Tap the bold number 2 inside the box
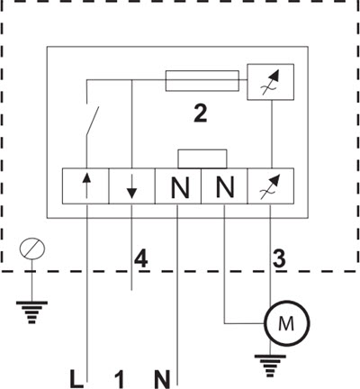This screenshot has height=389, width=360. [x=201, y=114]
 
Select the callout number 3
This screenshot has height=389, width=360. [x=279, y=258]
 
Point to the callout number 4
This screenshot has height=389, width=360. [x=141, y=258]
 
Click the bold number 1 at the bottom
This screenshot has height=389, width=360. [x=120, y=379]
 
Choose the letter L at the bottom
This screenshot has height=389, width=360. [x=76, y=379]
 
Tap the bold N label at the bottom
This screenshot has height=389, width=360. [x=162, y=379]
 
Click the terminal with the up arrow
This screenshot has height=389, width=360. [x=85, y=186]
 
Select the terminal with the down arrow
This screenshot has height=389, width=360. [x=131, y=186]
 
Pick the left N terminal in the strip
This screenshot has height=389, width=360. [x=178, y=186]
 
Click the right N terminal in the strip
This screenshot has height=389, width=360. [x=224, y=186]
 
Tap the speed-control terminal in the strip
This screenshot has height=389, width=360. [x=271, y=186]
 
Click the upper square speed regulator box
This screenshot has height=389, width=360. [x=271, y=82]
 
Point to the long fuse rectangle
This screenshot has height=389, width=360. [x=202, y=80]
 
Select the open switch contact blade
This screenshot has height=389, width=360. [x=93, y=121]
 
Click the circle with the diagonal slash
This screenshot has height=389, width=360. [x=32, y=249]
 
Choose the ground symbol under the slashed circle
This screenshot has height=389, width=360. [x=31, y=312]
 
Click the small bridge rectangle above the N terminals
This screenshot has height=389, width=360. [x=202, y=158]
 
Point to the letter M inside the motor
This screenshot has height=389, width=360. [x=286, y=323]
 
